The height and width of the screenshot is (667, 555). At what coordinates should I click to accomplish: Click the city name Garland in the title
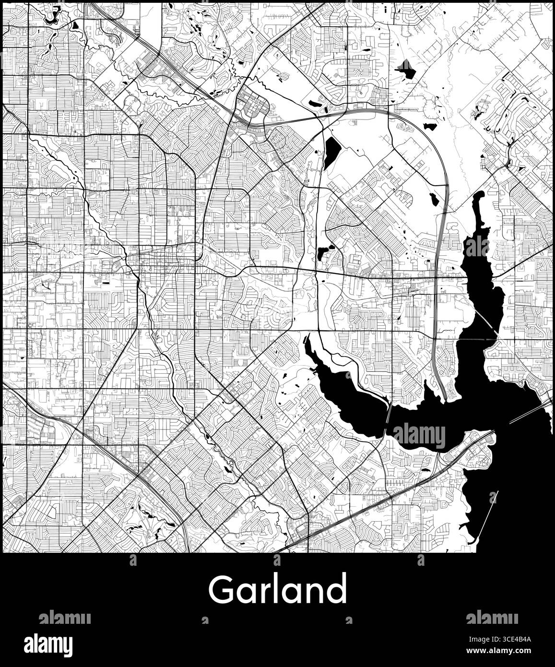coord(277,589)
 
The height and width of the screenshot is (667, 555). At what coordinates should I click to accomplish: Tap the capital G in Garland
coord(220,590)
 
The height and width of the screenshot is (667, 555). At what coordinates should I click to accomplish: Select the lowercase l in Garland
coord(277,588)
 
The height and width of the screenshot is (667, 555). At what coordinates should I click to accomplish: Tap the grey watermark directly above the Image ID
coord(492,617)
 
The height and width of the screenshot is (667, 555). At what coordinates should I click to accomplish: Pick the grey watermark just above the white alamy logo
coord(64,617)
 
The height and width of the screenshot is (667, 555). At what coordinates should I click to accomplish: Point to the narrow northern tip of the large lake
coord(478,197)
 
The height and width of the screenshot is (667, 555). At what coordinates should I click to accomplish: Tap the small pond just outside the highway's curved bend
coord(429,127)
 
